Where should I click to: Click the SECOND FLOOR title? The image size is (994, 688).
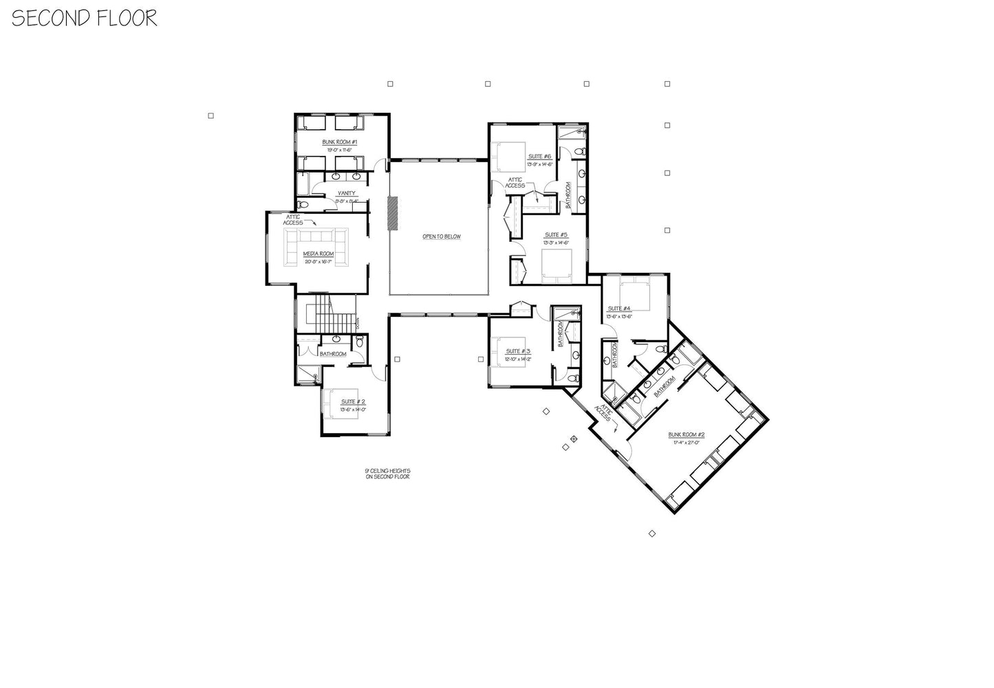(84, 18)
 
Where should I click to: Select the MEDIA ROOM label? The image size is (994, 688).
(318, 254)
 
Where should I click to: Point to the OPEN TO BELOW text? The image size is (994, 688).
(442, 236)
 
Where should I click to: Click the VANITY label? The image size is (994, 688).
(347, 193)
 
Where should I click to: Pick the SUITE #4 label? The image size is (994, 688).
(619, 309)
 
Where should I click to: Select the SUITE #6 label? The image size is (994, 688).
(540, 156)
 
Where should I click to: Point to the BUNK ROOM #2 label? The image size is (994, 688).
(687, 434)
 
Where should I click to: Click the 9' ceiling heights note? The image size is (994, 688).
(388, 474)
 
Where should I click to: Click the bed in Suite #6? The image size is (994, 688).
(506, 156)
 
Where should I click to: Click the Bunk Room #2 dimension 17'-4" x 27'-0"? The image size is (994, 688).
(686, 442)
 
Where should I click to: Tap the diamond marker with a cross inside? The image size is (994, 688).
(574, 438)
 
